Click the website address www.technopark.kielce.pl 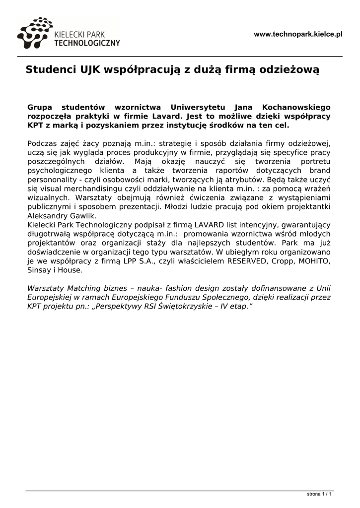[x=298, y=34]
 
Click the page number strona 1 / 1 [x=319, y=494]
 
